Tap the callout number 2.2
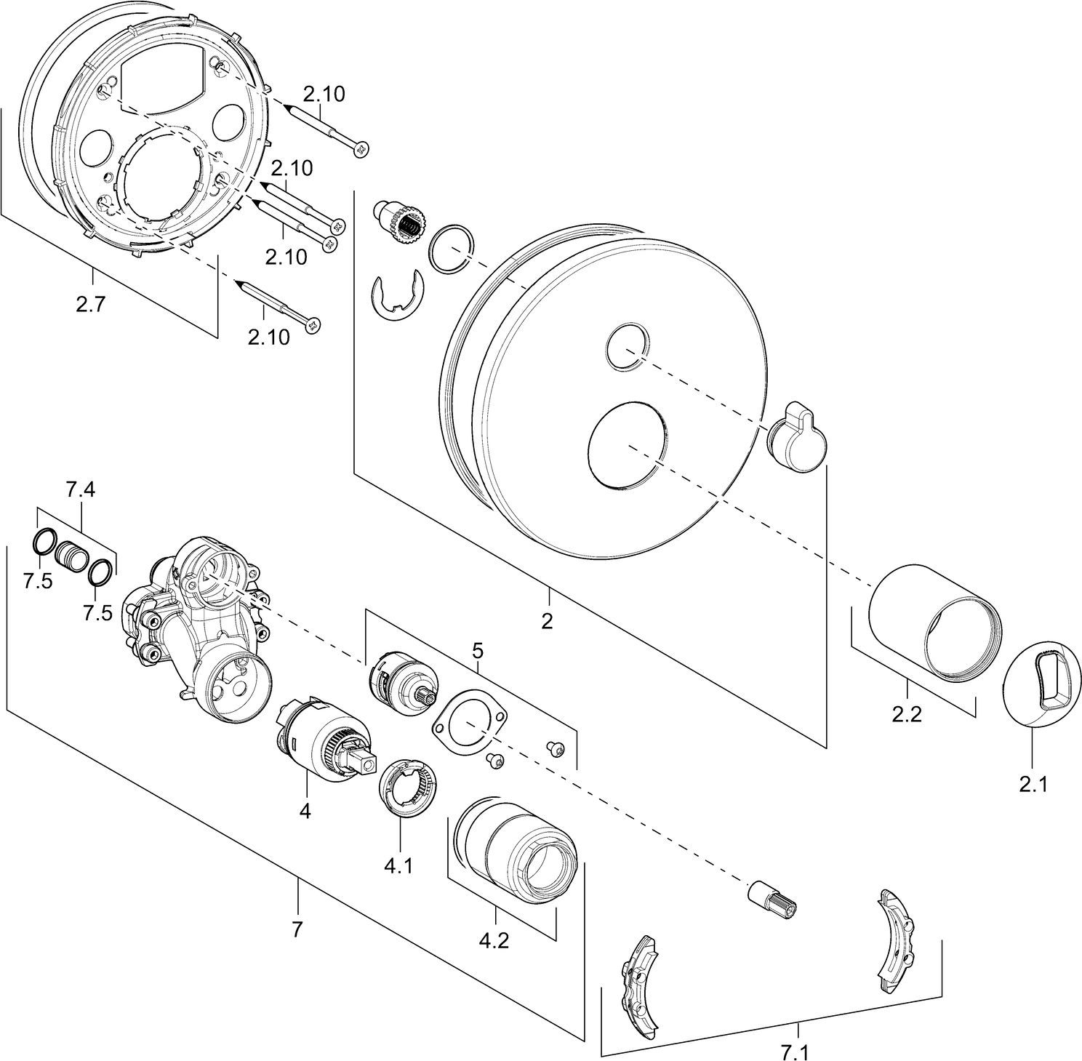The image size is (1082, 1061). pyautogui.click(x=907, y=714)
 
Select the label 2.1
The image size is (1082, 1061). pyautogui.click(x=1033, y=785)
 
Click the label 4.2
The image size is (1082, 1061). pyautogui.click(x=494, y=940)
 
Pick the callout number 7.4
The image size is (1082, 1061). pyautogui.click(x=80, y=490)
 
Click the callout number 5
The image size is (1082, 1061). pyautogui.click(x=477, y=649)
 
